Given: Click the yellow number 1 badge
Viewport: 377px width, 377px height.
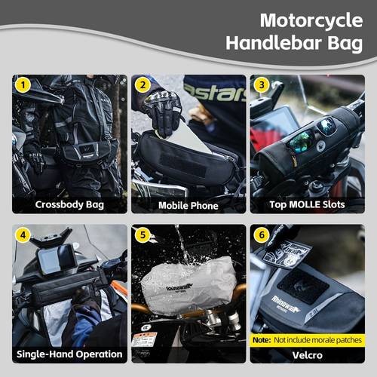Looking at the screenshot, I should [23, 85].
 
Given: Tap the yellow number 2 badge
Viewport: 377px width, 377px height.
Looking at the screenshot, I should [142, 85].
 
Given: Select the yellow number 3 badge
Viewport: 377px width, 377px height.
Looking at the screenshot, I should [262, 85].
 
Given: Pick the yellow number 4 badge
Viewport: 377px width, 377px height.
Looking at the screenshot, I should [23, 235].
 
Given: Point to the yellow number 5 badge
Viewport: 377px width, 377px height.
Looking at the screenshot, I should [142, 235].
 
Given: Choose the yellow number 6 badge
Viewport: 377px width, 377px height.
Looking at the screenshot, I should [262, 235].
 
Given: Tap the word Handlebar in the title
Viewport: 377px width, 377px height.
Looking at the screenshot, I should [287, 44].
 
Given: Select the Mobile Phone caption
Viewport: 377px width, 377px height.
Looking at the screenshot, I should [188, 204].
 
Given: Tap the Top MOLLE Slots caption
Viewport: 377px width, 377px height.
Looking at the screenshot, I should [308, 204].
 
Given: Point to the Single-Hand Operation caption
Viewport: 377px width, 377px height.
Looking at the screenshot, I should [69, 354].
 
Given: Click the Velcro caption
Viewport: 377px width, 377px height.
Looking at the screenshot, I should [308, 354].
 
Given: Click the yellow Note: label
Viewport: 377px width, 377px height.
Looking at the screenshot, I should [262, 339].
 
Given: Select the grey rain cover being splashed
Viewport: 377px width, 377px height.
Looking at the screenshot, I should [188, 285].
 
